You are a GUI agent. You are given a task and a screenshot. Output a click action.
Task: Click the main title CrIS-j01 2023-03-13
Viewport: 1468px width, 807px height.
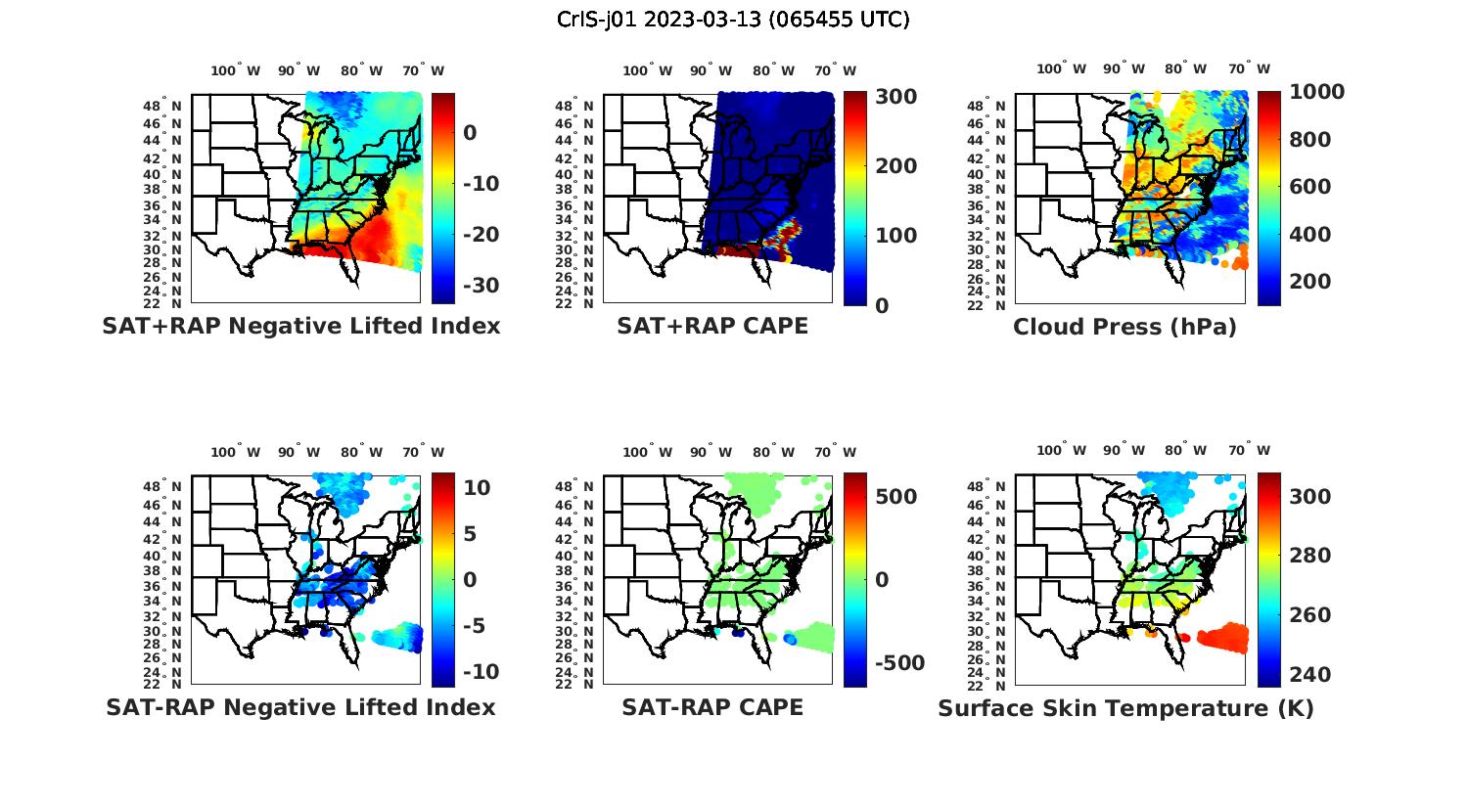[x=733, y=20]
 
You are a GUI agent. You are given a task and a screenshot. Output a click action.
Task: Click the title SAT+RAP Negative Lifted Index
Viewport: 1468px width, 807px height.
[x=301, y=326]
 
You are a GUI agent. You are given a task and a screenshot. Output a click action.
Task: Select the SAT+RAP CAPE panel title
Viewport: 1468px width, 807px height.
[x=712, y=326]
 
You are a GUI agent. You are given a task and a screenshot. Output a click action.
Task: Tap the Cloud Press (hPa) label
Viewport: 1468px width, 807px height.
[x=1124, y=327]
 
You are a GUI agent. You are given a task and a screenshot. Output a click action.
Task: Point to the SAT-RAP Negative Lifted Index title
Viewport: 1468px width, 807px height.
[x=301, y=707]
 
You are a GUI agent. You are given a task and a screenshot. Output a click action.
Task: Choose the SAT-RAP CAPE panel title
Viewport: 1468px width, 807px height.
[x=712, y=707]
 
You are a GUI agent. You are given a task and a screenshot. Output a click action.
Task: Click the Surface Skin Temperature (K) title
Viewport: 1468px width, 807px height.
[x=1125, y=708]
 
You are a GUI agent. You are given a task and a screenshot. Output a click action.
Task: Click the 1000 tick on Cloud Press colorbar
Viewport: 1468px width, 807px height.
[x=1316, y=92]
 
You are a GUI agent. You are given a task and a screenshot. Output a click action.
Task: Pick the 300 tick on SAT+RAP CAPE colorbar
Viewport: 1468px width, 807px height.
[x=896, y=96]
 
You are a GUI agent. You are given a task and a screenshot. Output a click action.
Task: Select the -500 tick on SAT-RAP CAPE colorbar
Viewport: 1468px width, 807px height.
[x=897, y=663]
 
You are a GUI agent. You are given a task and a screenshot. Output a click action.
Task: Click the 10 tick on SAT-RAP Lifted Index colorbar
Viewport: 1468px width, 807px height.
[x=477, y=487]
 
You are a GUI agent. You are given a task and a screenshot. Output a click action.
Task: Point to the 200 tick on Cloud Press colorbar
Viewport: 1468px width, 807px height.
[x=1310, y=282]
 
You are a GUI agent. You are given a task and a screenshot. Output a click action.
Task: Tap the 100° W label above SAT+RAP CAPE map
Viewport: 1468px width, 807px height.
[x=647, y=70]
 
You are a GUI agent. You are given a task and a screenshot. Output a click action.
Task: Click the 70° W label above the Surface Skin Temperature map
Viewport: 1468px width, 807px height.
[x=1249, y=451]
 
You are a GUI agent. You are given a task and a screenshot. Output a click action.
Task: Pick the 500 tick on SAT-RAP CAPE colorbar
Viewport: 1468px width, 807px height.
[x=897, y=497]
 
